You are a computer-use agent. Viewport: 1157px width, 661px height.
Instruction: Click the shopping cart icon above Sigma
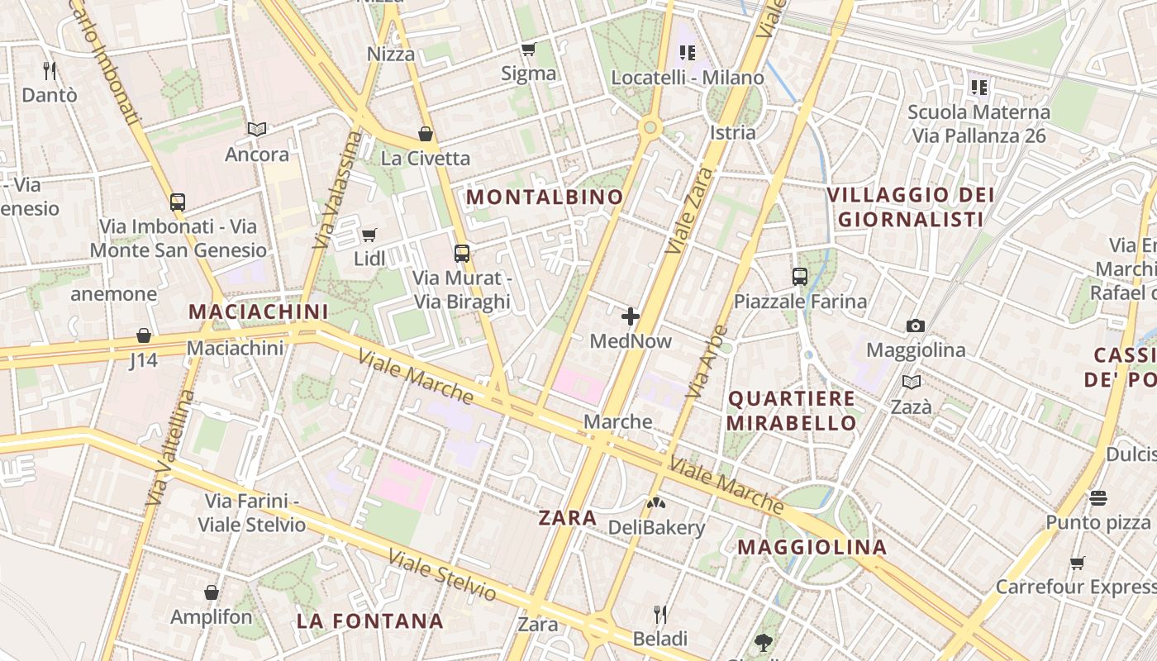528,50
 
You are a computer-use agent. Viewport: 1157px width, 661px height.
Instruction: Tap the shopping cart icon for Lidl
369,235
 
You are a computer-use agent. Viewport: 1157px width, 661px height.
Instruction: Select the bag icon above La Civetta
426,134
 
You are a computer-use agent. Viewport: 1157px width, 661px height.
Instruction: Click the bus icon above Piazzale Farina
799,277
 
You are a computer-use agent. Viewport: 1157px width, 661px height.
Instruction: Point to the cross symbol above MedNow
631,316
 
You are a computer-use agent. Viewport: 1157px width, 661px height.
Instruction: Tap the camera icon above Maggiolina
915,326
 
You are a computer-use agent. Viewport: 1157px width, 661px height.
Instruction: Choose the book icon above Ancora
257,130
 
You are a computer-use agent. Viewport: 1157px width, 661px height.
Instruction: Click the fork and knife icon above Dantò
50,71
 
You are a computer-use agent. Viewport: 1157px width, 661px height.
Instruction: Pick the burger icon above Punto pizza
1098,497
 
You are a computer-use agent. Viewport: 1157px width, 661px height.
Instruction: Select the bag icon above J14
144,335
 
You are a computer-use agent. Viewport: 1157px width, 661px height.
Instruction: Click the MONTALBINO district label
545,197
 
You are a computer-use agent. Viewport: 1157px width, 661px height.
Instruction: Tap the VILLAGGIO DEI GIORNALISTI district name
911,207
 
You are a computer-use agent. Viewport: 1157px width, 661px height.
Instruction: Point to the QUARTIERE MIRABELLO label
792,411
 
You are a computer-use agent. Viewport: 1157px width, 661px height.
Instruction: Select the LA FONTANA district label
369,621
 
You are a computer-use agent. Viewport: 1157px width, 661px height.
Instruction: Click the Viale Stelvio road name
442,575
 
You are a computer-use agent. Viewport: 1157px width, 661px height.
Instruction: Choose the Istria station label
732,132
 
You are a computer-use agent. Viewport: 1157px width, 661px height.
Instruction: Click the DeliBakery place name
656,527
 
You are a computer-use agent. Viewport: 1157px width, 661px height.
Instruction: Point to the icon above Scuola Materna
978,87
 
